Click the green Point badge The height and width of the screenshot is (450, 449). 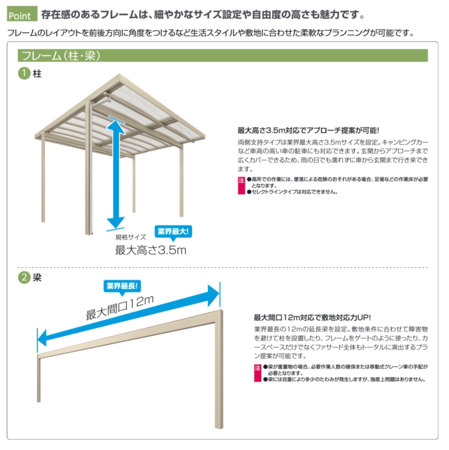[x=22, y=14]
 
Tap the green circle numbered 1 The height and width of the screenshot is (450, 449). [x=24, y=73]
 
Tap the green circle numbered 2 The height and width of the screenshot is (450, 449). [x=24, y=277]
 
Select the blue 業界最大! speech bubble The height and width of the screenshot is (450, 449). [x=173, y=232]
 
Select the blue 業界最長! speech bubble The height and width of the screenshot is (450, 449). [x=122, y=286]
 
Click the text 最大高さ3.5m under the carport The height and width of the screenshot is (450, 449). [x=150, y=250]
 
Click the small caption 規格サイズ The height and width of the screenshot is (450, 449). [x=130, y=237]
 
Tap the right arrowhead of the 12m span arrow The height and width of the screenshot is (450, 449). [x=213, y=295]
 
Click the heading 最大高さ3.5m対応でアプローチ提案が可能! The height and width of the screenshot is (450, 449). [x=308, y=130]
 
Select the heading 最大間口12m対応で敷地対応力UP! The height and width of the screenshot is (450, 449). [x=312, y=317]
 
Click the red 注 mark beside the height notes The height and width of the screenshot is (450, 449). [x=241, y=185]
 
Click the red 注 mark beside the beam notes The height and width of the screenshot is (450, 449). [x=257, y=373]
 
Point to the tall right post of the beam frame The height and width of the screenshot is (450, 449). [x=219, y=370]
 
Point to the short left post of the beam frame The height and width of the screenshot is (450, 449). [x=39, y=380]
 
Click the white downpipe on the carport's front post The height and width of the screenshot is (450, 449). [x=91, y=167]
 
